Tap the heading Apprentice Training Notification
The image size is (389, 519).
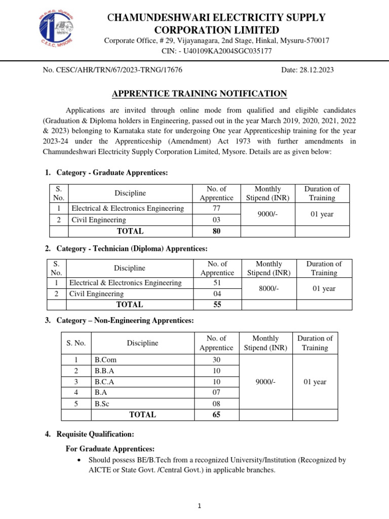199,93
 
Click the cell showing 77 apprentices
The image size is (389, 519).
216,208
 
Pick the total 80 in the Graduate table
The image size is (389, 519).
216,231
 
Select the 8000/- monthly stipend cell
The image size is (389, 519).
268,288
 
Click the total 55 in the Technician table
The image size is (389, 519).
217,305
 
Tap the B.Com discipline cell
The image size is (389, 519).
102,359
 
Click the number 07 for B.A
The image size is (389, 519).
216,392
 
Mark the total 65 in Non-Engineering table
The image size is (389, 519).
216,415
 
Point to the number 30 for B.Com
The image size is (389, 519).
216,359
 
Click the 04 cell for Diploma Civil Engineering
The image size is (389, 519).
217,294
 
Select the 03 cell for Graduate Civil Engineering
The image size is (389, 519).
216,220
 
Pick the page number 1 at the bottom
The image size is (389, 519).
199,506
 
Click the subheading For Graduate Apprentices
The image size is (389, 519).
110,449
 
